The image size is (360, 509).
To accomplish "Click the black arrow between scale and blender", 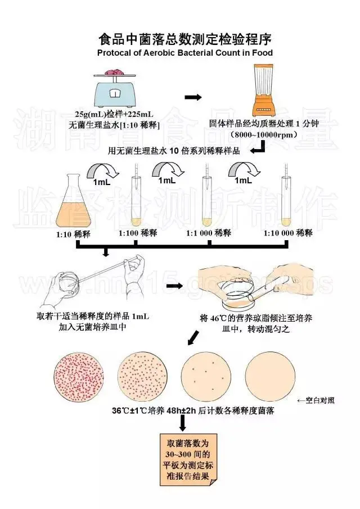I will point(193,97).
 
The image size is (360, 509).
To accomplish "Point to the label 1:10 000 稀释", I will point(289,233).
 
